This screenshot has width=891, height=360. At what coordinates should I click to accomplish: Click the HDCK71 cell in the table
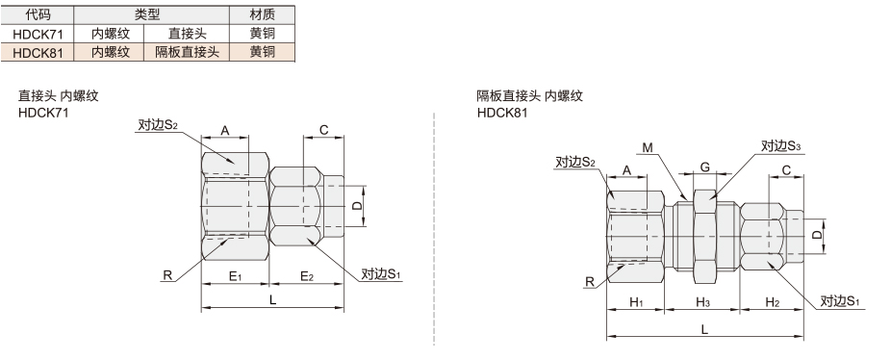tap(38, 34)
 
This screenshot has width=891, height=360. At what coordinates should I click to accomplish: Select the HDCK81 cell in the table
tap(38, 52)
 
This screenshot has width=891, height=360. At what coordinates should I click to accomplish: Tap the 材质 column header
tap(263, 14)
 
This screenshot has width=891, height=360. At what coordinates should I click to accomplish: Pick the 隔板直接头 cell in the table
tap(187, 52)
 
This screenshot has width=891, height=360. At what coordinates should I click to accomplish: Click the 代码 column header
tap(38, 14)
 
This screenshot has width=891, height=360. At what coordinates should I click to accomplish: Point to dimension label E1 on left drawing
tap(235, 276)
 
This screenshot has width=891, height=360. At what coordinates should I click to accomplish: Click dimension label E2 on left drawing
tap(307, 276)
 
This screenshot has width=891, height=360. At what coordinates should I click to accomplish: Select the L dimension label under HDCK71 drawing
tap(272, 299)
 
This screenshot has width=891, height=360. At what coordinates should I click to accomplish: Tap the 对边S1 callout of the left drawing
tap(381, 274)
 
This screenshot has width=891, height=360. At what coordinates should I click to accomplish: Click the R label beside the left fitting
tap(167, 275)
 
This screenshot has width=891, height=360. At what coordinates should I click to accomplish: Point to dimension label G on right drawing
tap(704, 167)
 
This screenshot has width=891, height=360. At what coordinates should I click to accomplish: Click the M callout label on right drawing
tap(648, 148)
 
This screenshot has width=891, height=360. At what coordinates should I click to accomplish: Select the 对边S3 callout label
tap(780, 146)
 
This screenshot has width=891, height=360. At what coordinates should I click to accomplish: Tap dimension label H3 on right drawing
tap(703, 302)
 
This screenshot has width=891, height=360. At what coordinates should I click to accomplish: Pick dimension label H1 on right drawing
tap(636, 302)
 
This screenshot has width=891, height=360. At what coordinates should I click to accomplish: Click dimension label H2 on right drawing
tap(772, 302)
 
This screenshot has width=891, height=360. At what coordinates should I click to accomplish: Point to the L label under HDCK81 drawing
tap(704, 330)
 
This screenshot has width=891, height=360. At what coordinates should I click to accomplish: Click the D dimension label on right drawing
tap(817, 234)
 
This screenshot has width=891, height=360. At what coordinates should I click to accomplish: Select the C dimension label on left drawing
tap(324, 130)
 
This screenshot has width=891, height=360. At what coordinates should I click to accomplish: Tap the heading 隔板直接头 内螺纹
tap(530, 95)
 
